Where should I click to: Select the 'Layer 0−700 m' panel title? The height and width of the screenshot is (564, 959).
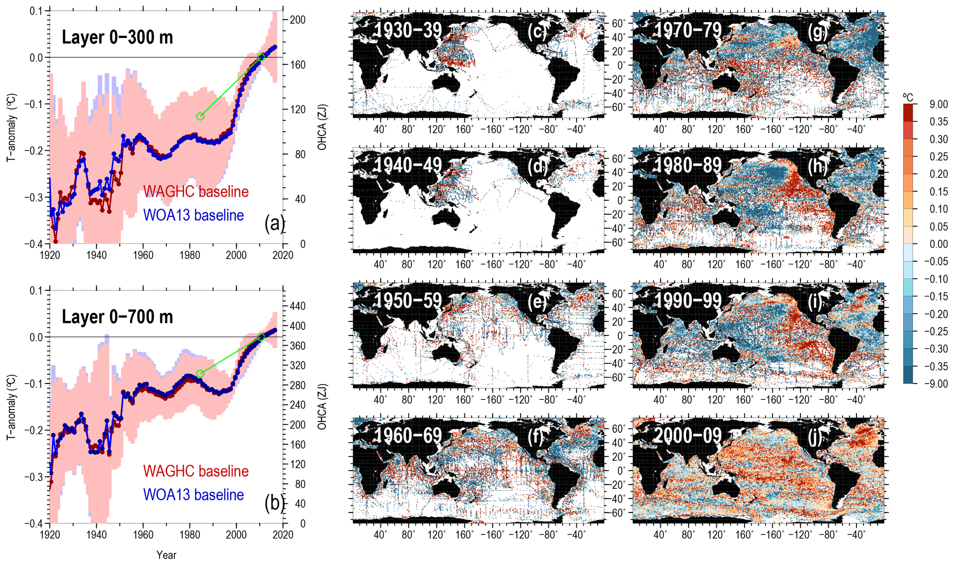(117, 317)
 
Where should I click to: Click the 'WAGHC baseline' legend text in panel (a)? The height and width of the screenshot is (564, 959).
(196, 192)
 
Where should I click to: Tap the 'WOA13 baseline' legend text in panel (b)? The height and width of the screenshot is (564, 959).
(193, 495)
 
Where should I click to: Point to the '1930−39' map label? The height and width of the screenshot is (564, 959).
(408, 30)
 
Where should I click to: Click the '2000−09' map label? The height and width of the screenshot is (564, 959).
(688, 436)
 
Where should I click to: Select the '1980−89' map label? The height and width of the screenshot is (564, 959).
(688, 165)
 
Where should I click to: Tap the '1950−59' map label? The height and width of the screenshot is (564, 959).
(408, 301)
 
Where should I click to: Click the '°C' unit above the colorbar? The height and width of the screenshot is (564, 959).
(908, 97)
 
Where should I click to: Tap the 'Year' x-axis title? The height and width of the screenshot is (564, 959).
(166, 555)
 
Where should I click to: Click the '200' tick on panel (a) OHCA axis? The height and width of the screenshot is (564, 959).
(297, 19)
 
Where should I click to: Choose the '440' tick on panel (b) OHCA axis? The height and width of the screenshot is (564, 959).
(297, 306)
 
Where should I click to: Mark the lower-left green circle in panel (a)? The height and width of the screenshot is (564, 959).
(200, 116)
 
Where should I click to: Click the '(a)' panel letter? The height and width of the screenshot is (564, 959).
(274, 224)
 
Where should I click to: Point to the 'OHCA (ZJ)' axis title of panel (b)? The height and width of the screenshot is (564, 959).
(322, 406)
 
